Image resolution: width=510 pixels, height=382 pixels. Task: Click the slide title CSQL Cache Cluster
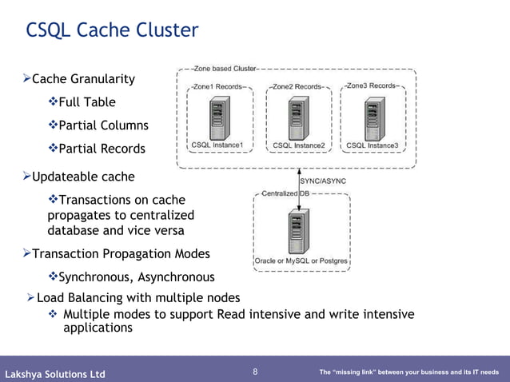pyautogui.click(x=112, y=30)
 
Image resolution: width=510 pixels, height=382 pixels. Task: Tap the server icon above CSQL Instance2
pyautogui.click(x=298, y=119)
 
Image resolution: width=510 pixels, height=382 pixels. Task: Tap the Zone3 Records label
pyautogui.click(x=373, y=86)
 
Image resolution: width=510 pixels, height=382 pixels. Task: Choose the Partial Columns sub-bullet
pyautogui.click(x=103, y=125)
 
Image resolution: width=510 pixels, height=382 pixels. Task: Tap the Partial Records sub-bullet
pyautogui.click(x=102, y=149)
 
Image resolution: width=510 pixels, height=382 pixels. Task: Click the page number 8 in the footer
pyautogui.click(x=255, y=372)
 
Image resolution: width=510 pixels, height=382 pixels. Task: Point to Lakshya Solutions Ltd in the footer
pyautogui.click(x=55, y=374)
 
